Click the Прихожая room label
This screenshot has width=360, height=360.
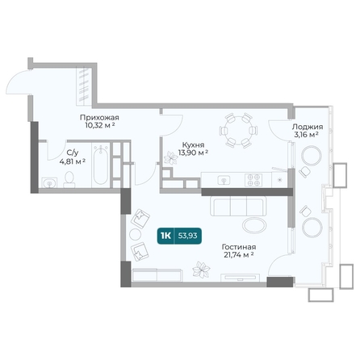click(x=99, y=118)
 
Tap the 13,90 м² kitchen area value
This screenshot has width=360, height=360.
click(x=193, y=153)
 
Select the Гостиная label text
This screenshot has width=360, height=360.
click(x=239, y=247)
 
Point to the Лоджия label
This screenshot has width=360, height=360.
click(x=308, y=127)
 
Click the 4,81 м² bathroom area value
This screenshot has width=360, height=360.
click(x=73, y=161)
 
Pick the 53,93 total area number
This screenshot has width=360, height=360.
click(x=187, y=236)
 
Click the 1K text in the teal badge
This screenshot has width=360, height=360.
click(x=165, y=236)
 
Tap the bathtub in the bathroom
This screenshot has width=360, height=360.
click(x=101, y=165)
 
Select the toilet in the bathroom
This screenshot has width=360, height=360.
click(x=69, y=179)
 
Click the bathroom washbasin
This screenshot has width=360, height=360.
click(x=49, y=182)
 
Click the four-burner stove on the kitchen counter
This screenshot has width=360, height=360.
click(x=253, y=180)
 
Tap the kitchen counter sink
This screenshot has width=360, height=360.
click(x=224, y=180)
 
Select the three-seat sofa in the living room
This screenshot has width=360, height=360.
click(x=238, y=206)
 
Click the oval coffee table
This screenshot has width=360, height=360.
click(x=254, y=225)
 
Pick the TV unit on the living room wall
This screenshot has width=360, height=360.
click(x=240, y=278)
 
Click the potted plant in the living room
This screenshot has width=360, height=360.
click(x=201, y=270)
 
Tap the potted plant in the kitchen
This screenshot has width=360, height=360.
click(x=170, y=158)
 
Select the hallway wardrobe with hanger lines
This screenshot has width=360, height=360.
click(x=85, y=86)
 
